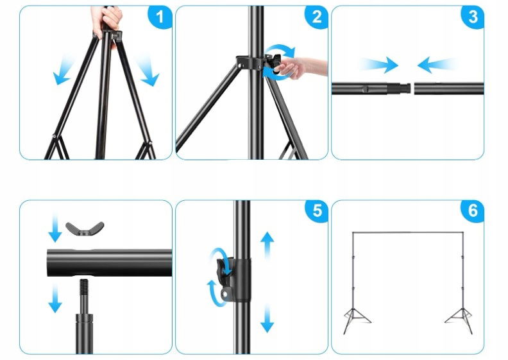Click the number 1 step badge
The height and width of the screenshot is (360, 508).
[160, 17]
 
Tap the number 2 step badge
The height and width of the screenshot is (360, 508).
[316, 17]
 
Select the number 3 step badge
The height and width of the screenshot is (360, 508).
[472, 17]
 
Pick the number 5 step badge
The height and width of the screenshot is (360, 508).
[316, 211]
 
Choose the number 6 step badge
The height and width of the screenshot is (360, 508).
[472, 211]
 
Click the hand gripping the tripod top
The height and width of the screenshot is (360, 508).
[107, 20]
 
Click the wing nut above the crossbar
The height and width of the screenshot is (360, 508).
[85, 228]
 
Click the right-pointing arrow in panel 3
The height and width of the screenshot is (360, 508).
[379, 65]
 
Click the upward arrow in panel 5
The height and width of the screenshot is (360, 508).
[267, 244]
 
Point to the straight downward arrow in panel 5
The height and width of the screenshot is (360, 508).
[267, 318]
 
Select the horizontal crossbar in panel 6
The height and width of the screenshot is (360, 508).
[407, 233]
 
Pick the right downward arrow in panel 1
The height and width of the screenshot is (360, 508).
[148, 71]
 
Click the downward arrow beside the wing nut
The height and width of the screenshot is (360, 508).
[55, 228]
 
